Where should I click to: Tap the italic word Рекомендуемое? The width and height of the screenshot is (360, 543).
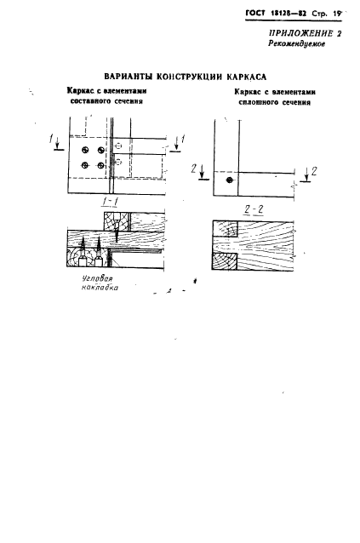coord(297,44)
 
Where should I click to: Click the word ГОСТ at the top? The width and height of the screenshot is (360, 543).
coord(255,13)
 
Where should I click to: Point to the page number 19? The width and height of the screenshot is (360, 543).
coord(337,14)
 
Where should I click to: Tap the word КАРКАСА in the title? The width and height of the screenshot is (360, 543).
coord(247,77)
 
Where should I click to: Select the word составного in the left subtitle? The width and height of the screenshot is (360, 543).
coord(90,101)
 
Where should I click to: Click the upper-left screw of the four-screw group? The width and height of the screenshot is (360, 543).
coord(85,150)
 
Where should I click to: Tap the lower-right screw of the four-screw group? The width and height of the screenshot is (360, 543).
coord(100,165)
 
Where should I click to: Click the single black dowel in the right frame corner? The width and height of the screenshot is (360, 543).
coord(228,180)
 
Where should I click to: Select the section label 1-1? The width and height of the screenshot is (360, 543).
coord(110,201)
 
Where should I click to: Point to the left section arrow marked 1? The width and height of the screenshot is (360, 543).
coord(57,144)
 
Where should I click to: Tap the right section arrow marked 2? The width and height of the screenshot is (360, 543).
coord(306,174)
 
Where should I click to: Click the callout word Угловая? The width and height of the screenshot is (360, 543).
coord(98,278)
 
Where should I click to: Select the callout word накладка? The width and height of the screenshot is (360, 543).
coord(100,287)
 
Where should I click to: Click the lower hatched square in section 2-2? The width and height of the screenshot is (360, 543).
coord(224,261)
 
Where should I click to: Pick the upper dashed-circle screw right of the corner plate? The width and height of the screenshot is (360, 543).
coord(119,146)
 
